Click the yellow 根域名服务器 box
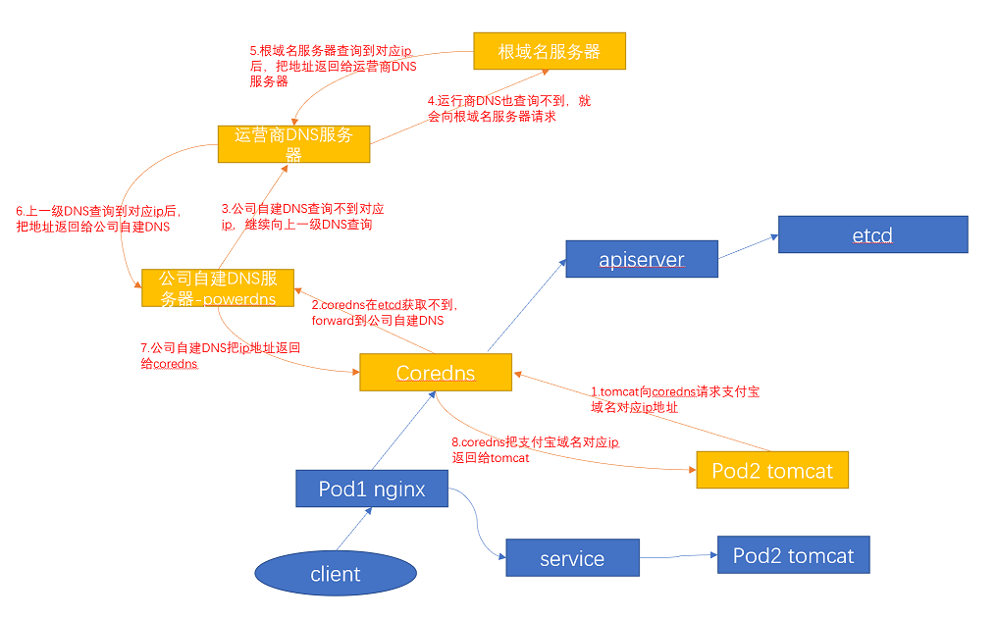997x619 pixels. point(549,51)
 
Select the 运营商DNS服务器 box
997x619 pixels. point(293,143)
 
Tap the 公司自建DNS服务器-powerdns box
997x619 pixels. point(217,287)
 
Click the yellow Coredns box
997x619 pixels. point(436,373)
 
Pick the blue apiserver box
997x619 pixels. point(642,260)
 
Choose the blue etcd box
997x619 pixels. point(872,235)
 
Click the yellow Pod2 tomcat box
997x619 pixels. point(771,470)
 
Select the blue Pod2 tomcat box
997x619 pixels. point(793,555)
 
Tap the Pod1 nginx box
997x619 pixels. point(372,489)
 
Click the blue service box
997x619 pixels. point(572,558)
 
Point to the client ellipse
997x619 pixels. point(336,574)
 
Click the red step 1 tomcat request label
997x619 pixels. point(674,399)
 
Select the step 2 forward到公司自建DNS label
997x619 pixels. point(385,313)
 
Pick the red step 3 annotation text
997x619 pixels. point(302,217)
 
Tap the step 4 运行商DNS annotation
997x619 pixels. point(508,108)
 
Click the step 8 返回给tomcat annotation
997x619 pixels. point(535,449)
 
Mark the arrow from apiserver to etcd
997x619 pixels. point(748,249)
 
